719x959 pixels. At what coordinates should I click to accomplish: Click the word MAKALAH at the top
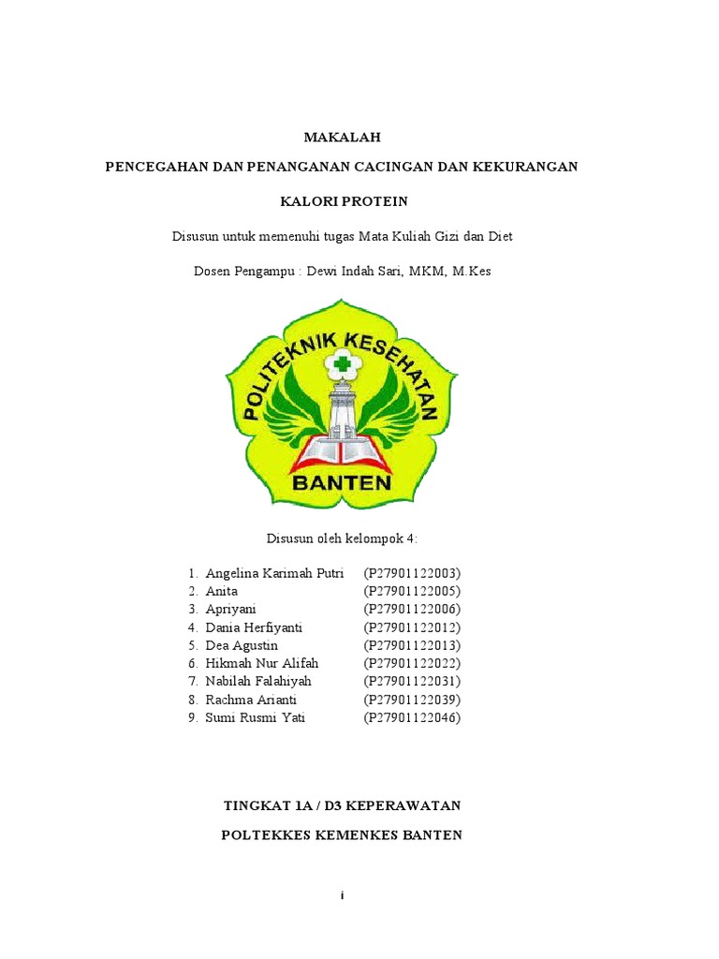point(342,137)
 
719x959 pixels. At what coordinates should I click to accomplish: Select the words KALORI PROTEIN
point(345,201)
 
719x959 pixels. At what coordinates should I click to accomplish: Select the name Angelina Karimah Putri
point(274,573)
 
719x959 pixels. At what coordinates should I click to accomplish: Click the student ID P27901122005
point(412,591)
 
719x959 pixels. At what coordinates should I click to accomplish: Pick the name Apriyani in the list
point(230,609)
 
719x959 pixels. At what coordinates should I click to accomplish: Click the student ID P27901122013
point(412,645)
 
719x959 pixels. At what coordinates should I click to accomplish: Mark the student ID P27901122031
point(412,681)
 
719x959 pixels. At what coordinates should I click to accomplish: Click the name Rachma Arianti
point(249,700)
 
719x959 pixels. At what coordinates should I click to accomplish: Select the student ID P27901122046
point(412,717)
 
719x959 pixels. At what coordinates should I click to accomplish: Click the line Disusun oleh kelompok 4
point(342,538)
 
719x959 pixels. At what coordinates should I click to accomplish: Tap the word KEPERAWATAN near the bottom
point(408,805)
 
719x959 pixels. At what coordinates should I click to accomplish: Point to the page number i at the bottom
point(343,896)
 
